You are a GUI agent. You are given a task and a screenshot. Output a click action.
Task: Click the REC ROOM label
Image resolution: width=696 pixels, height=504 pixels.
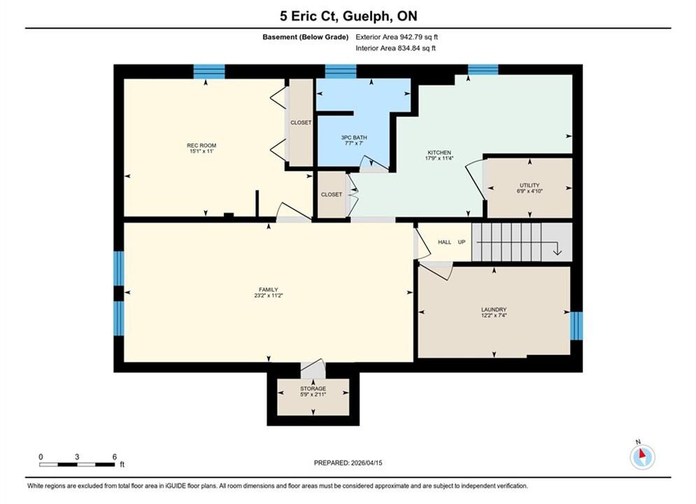(201, 145)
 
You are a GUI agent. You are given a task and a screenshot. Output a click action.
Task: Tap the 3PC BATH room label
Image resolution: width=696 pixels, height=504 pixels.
(354, 138)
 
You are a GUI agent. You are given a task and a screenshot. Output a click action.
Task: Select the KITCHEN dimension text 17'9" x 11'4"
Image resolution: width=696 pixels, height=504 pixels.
(439, 158)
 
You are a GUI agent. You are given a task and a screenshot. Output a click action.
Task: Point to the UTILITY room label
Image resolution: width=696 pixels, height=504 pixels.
(530, 185)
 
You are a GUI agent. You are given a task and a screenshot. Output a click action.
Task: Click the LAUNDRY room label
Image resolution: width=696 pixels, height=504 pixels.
(494, 309)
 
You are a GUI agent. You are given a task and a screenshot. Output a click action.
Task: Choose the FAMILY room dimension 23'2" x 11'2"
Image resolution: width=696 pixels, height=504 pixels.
(269, 295)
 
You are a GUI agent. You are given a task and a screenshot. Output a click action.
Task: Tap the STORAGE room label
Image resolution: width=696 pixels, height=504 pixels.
(313, 388)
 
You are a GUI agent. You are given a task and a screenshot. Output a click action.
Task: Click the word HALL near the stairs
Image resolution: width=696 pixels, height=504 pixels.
(444, 242)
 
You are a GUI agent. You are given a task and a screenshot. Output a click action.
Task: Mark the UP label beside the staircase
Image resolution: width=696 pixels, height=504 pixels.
(462, 242)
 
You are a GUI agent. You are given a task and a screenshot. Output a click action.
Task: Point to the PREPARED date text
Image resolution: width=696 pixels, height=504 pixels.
(348, 463)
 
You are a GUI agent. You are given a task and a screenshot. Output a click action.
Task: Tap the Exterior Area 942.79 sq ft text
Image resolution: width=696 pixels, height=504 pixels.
(397, 37)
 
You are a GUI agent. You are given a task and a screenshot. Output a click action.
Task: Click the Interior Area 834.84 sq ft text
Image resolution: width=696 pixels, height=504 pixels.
(395, 48)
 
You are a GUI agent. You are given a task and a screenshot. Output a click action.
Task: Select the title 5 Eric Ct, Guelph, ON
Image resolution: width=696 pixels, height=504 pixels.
(348, 16)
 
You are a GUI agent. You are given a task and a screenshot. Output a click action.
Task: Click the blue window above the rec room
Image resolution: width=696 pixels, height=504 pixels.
(209, 71)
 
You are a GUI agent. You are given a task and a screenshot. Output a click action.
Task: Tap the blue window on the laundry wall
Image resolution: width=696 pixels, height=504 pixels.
(576, 325)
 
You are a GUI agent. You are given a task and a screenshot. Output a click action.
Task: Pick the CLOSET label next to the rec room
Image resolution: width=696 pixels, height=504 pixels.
(301, 122)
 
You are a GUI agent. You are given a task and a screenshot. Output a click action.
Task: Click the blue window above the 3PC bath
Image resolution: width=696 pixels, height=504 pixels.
(341, 71)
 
